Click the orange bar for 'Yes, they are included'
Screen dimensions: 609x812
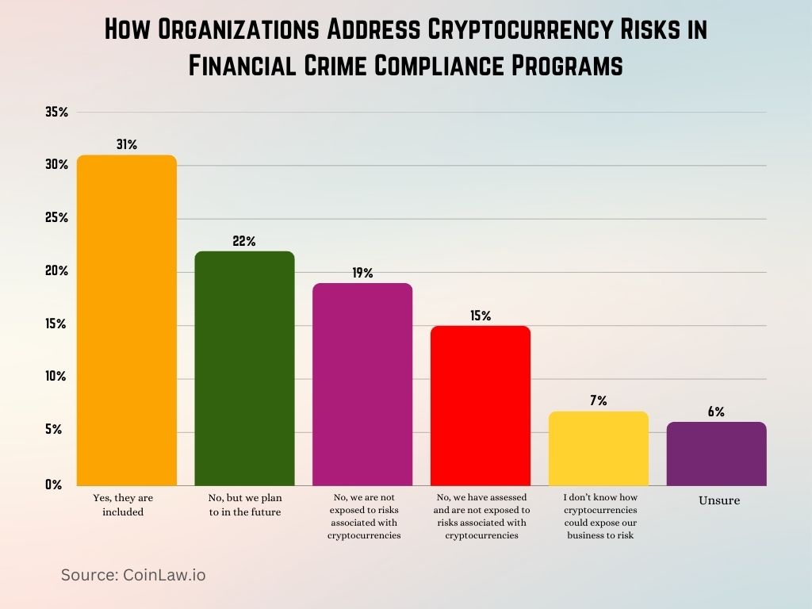click(x=126, y=320)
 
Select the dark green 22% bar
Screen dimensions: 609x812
click(x=244, y=369)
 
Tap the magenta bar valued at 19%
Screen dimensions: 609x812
click(x=362, y=385)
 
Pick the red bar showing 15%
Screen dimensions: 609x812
click(x=481, y=406)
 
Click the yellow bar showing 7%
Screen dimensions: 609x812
click(x=598, y=449)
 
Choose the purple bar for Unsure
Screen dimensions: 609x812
click(x=716, y=454)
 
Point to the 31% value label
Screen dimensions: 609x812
click(x=126, y=144)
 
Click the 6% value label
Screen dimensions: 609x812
click(x=716, y=412)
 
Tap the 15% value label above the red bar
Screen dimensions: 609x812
click(x=481, y=316)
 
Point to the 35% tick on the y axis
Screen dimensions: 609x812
click(x=56, y=113)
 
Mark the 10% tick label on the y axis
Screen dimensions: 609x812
click(x=56, y=377)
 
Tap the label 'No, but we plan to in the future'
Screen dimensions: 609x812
click(x=244, y=504)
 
